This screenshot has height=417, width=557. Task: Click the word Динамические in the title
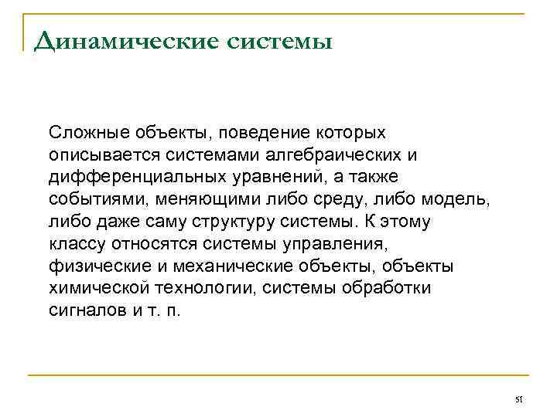(115, 40)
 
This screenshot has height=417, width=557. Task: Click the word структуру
(232, 222)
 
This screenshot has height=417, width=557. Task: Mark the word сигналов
(84, 310)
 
